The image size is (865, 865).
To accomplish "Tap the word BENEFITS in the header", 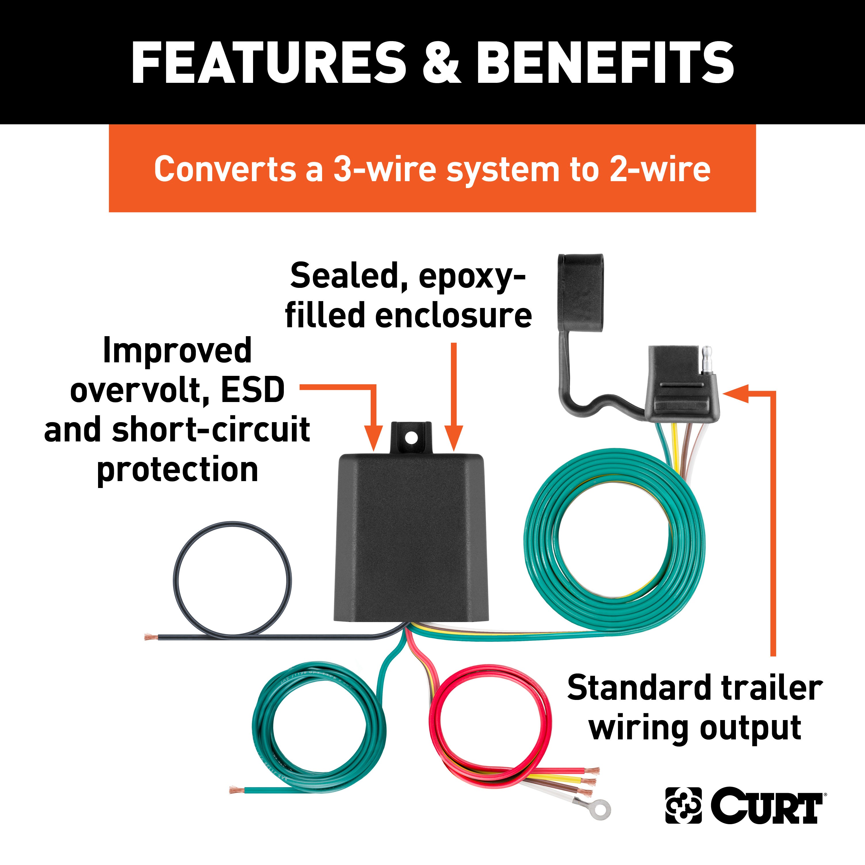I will (x=604, y=63).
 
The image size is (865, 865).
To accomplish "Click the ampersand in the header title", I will (x=441, y=63).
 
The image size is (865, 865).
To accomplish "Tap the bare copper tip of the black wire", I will (x=150, y=636).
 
